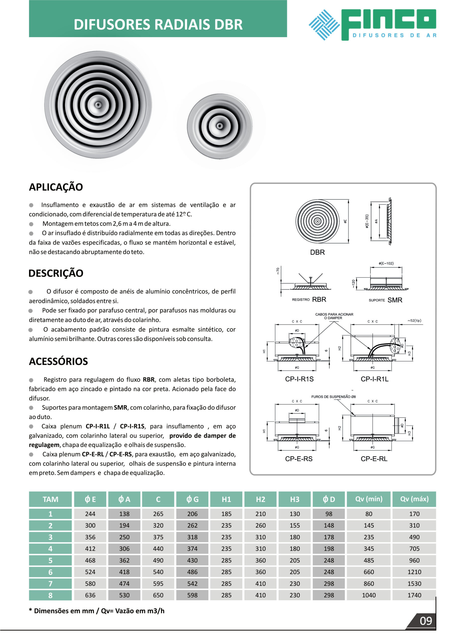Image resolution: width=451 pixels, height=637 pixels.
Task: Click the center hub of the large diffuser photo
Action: [x=98, y=105]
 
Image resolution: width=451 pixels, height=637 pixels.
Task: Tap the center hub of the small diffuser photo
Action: [x=220, y=126]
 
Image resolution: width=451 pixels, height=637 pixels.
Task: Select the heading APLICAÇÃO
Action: [x=56, y=187]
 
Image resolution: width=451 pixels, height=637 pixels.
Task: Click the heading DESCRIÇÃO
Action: [x=56, y=273]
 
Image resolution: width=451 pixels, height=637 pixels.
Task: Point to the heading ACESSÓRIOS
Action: [x=58, y=362]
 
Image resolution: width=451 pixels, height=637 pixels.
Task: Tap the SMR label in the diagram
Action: [x=395, y=300]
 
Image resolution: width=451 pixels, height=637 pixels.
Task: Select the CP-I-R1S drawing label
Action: [x=299, y=379]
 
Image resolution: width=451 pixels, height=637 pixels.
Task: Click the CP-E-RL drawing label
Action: [x=374, y=459]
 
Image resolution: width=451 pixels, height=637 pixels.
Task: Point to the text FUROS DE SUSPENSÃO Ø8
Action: [x=333, y=397]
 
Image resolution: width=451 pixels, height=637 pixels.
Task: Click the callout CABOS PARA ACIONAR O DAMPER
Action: [x=334, y=316]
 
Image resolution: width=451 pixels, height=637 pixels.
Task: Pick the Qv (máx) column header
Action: [x=414, y=499]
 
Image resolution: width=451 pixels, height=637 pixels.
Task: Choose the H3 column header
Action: [x=295, y=499]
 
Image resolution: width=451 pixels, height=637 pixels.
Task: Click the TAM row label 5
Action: [x=50, y=560]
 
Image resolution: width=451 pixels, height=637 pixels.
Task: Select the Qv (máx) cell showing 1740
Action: [x=414, y=595]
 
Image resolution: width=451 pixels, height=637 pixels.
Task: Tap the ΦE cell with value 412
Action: [x=90, y=548]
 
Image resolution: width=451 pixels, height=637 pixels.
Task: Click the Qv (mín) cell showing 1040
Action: [x=369, y=595]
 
